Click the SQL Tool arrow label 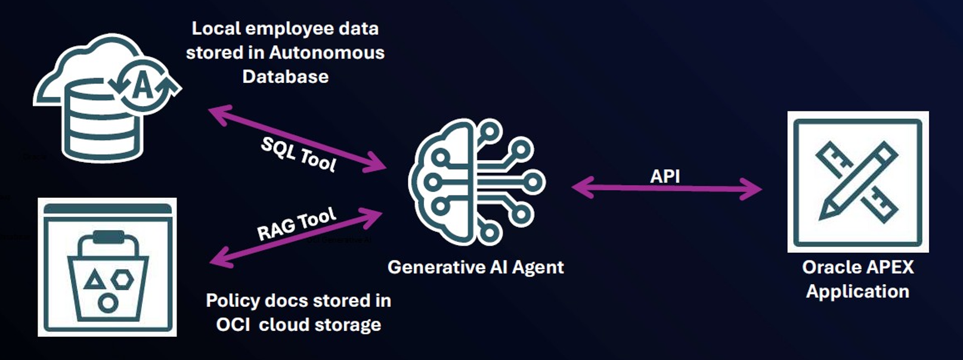coord(299,154)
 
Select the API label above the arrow coord(665,176)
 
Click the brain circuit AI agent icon coord(476,182)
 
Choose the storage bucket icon coord(107,267)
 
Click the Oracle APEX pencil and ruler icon coord(857,181)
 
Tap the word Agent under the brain coord(537,267)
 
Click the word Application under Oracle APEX coord(857,291)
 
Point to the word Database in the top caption coord(285,76)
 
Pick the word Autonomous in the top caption coord(327,52)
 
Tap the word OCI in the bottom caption coord(233,325)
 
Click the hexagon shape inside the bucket coord(123,278)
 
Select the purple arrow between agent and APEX coord(666,189)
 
